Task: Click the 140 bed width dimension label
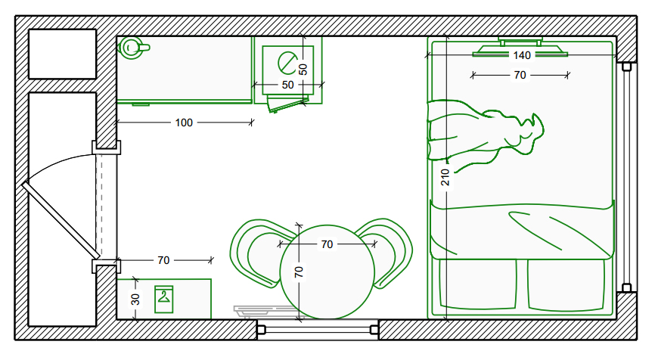(x=522, y=55)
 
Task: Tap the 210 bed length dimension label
(x=445, y=177)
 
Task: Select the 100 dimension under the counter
(x=184, y=123)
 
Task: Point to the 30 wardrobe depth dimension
(x=135, y=299)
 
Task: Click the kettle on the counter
(x=133, y=48)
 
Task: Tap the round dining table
(x=327, y=272)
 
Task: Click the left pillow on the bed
(x=478, y=284)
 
